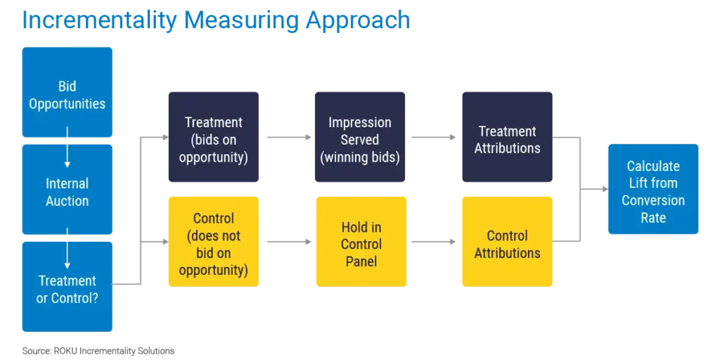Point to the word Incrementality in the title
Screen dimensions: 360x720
tap(99, 21)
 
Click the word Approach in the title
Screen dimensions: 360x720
tap(357, 21)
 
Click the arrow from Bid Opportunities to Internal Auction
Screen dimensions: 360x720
tap(67, 150)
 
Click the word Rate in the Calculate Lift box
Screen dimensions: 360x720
tap(653, 217)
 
